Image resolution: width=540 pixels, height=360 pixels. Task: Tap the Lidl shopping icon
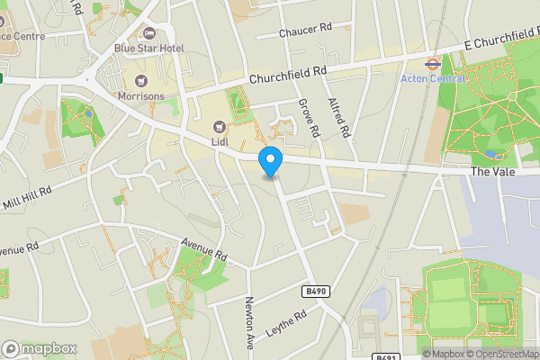point(219,126)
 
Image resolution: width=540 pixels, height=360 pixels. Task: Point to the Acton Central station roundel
point(433,64)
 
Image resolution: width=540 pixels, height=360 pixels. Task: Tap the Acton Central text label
point(433,78)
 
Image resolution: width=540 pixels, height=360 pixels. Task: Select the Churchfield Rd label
point(288,76)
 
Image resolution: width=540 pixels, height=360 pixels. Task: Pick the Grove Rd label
point(309,118)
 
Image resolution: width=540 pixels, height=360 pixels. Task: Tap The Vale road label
point(491,170)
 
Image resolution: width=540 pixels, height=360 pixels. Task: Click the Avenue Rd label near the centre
point(202,250)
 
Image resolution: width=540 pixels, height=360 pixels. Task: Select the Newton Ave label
point(251,318)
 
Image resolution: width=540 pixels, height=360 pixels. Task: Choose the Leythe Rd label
point(287,324)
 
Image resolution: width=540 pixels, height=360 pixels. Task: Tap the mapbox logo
point(40,348)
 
